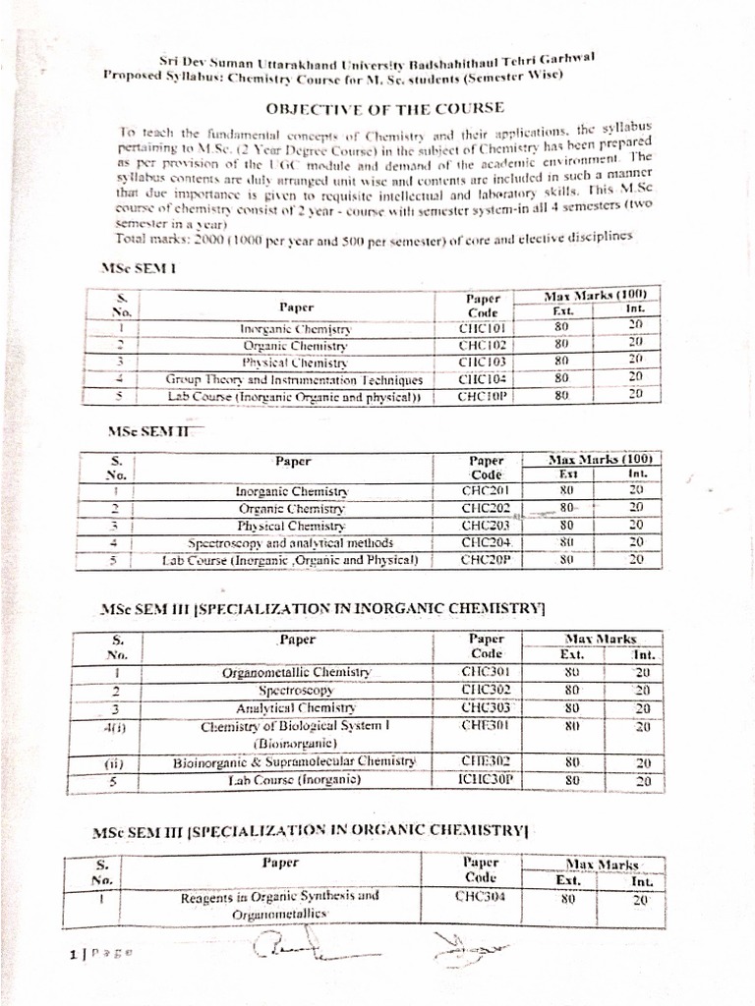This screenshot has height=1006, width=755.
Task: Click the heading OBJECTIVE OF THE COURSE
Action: click(385, 107)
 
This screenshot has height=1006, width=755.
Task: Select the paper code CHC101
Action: click(482, 328)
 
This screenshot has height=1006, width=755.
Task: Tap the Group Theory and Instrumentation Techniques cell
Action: click(295, 379)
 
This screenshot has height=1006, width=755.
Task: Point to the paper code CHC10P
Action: click(482, 396)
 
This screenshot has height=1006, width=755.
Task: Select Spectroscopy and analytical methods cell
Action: click(291, 542)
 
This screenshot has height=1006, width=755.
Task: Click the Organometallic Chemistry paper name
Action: click(297, 673)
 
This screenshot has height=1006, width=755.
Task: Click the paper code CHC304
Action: click(481, 896)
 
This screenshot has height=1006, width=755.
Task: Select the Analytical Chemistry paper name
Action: click(296, 708)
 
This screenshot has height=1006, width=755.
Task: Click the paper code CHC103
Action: click(482, 362)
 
